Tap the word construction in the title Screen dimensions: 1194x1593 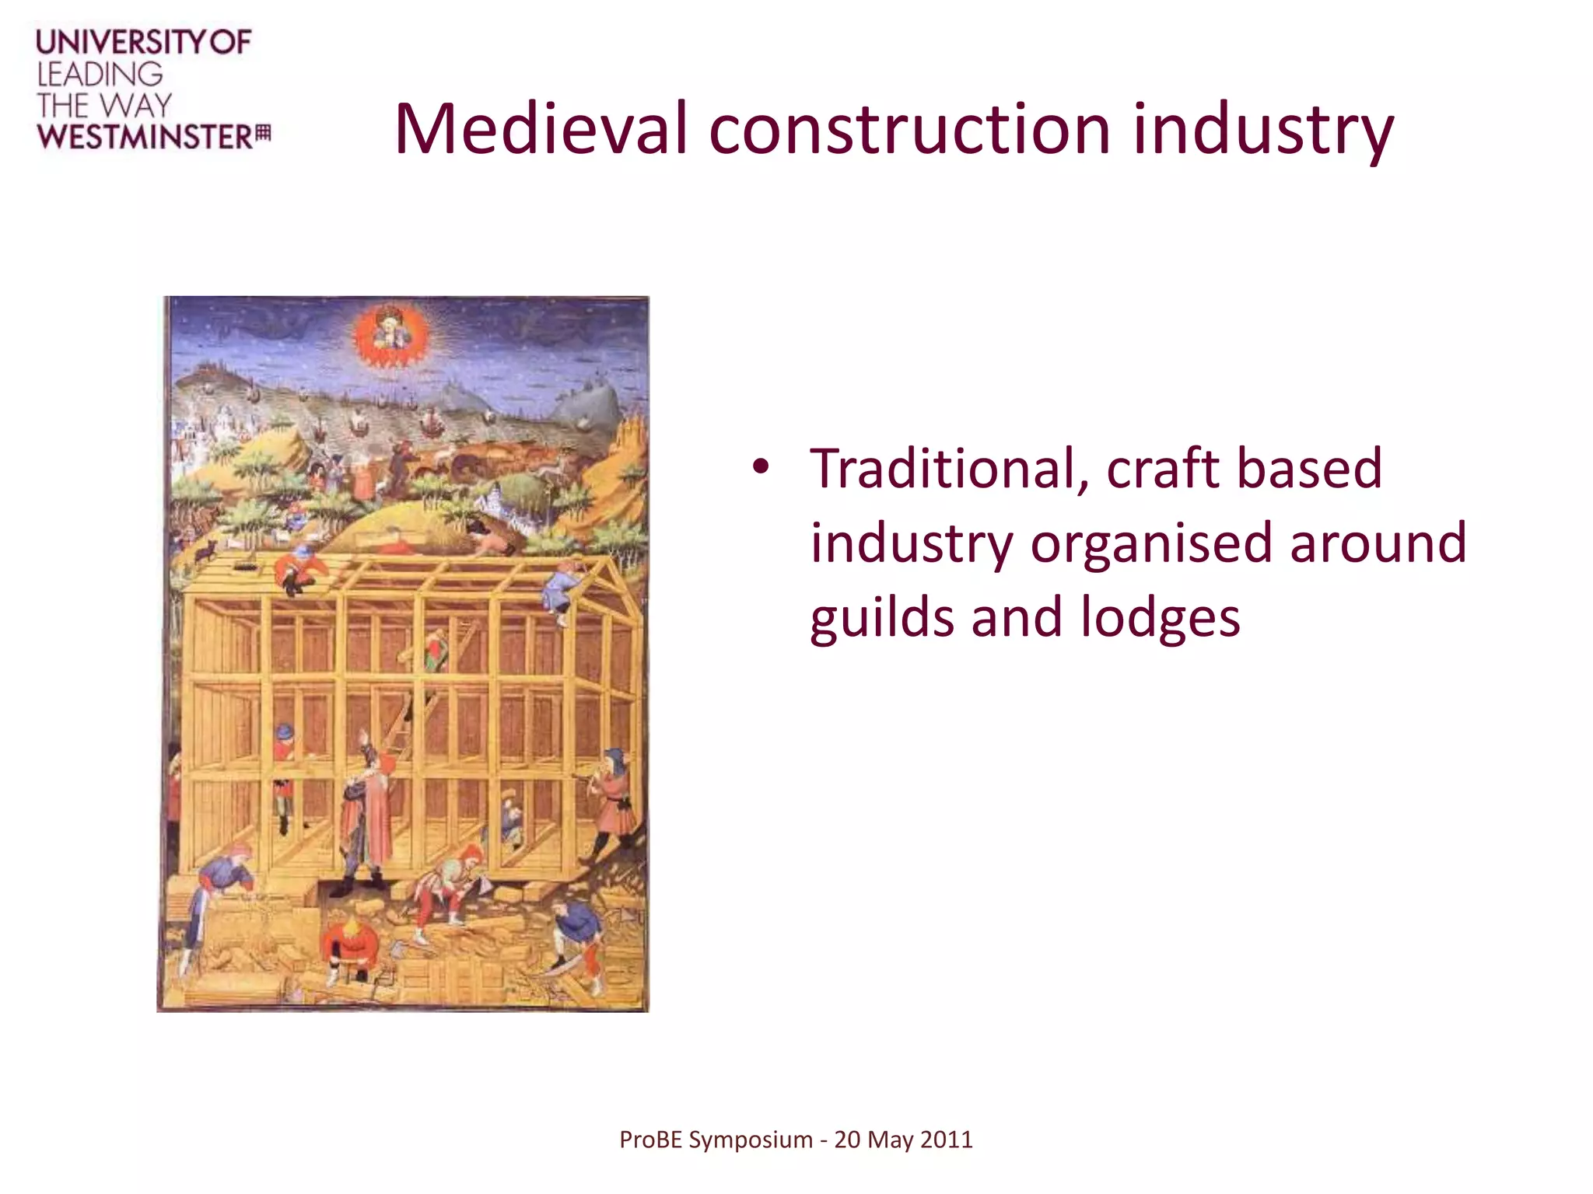coord(909,129)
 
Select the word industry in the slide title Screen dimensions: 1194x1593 coord(1262,129)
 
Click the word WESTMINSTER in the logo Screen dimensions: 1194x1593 coord(145,137)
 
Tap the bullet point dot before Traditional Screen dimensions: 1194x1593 coord(760,468)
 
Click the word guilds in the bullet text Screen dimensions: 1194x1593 coord(882,618)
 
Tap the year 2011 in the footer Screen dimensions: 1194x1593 coord(945,1140)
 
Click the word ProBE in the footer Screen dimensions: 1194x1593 coord(650,1140)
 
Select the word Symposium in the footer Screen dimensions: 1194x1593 coord(750,1140)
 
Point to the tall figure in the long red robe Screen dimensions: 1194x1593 coord(376,816)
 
